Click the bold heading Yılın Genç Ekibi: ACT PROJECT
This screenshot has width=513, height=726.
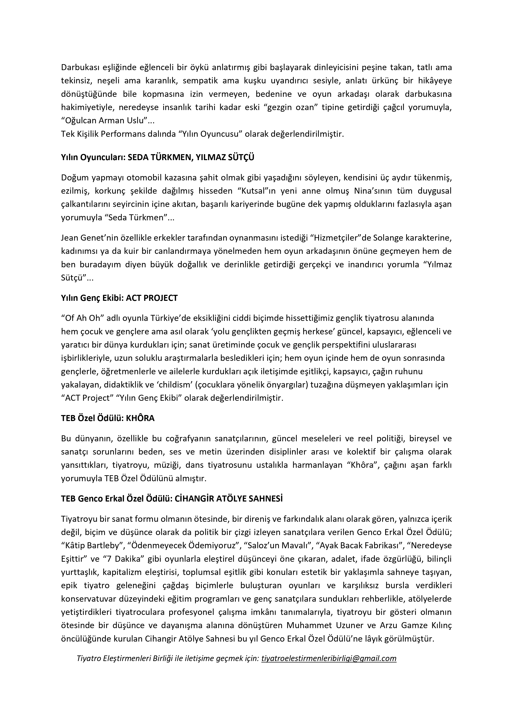click(120, 298)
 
